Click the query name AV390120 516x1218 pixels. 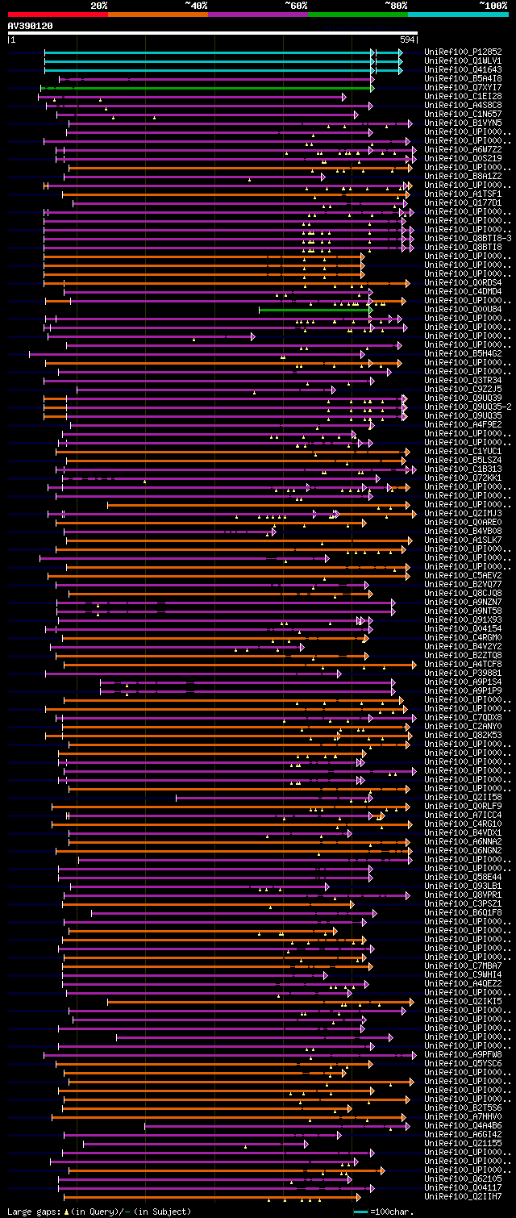(x=31, y=26)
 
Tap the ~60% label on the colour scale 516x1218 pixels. (x=296, y=6)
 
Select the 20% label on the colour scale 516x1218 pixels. (x=99, y=6)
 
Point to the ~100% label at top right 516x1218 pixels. (x=493, y=6)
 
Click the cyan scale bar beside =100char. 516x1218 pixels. (x=360, y=1212)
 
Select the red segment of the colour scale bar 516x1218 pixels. (x=57, y=14)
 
